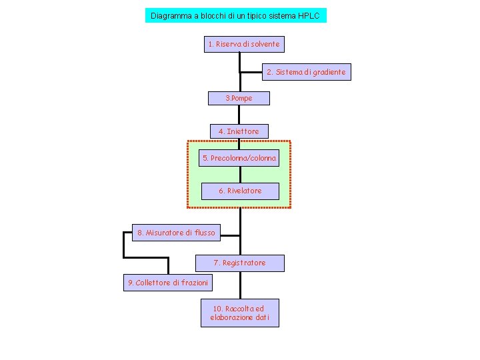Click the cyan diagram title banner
tap(236, 15)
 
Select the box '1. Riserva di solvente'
tap(244, 44)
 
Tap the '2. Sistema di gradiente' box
tap(307, 72)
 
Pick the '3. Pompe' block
tap(239, 98)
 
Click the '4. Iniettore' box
tap(239, 131)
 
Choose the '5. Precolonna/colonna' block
tap(239, 158)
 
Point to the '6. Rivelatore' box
tap(240, 191)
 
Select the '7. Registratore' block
tap(240, 263)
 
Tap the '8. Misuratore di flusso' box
tap(176, 233)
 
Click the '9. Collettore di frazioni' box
tap(168, 283)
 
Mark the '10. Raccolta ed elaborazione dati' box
tap(240, 313)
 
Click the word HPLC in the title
tap(309, 15)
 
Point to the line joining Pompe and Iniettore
tap(239, 115)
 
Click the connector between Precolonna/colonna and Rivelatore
tap(240, 175)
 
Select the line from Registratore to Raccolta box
tap(240, 285)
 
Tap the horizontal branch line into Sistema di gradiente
tap(251, 73)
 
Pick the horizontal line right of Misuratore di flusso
tap(230, 236)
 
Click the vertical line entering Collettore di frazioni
tap(169, 266)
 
